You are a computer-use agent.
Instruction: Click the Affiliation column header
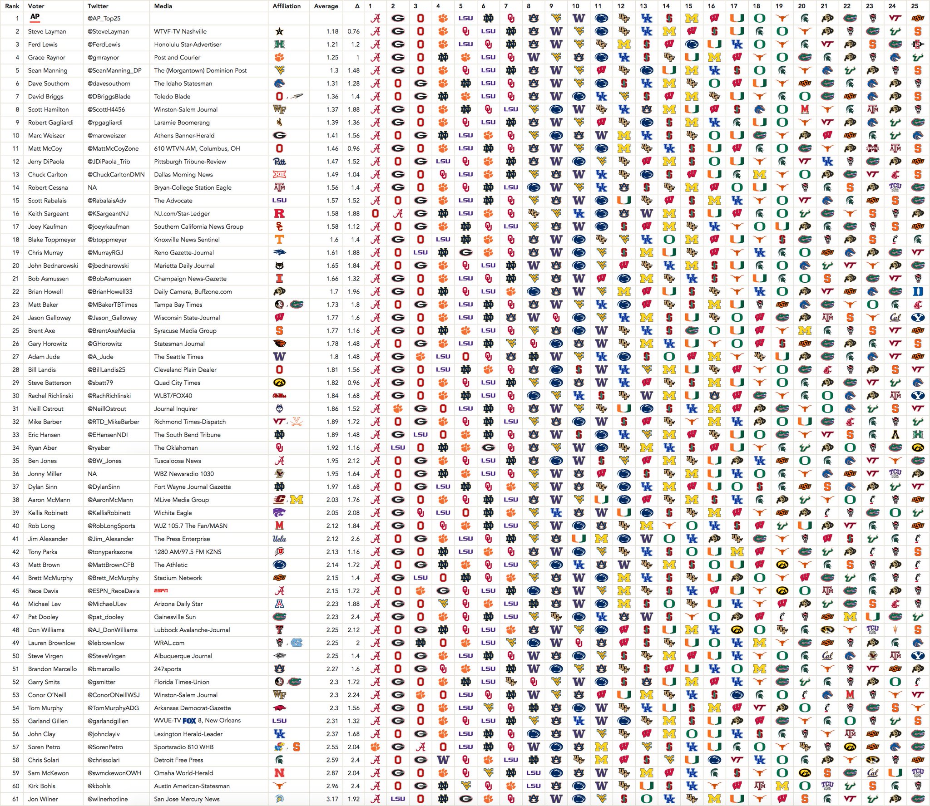click(287, 6)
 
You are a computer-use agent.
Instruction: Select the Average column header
click(326, 6)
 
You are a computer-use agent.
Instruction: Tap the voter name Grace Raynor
click(47, 58)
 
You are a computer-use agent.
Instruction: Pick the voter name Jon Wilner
click(43, 799)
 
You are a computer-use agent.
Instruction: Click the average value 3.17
click(332, 799)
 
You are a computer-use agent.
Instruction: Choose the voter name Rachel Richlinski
click(50, 396)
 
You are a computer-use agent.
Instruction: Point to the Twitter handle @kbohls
click(99, 786)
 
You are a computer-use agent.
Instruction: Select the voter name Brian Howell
click(45, 292)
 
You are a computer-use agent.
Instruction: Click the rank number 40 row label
click(16, 526)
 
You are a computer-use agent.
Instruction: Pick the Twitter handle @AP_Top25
click(104, 19)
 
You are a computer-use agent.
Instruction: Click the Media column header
click(163, 6)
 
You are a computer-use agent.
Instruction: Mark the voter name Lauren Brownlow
click(52, 643)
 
